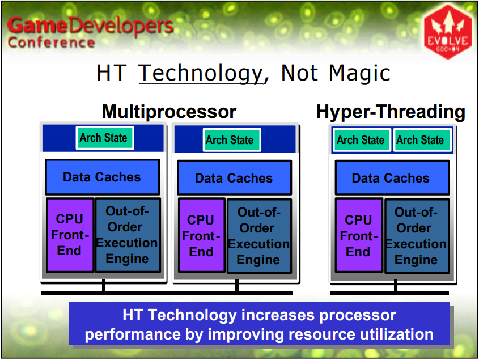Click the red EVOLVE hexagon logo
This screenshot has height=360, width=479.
(x=448, y=32)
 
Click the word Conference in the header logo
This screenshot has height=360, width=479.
(x=52, y=43)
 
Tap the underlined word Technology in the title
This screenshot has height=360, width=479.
(x=201, y=74)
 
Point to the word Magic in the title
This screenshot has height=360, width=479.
(x=359, y=73)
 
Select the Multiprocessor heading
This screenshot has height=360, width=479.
(x=169, y=112)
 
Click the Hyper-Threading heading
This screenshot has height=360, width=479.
(x=391, y=112)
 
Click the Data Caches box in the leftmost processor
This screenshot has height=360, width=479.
(x=103, y=177)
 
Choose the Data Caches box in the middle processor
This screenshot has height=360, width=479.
(x=234, y=178)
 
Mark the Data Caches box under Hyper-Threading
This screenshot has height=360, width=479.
(x=392, y=178)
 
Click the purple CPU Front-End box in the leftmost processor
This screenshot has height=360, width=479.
(x=70, y=235)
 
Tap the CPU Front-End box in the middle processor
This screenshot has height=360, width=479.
(x=202, y=236)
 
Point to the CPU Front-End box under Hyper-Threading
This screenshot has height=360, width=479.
(x=359, y=236)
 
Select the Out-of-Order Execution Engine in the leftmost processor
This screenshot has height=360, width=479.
(x=128, y=235)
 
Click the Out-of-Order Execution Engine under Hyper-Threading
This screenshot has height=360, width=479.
(x=417, y=236)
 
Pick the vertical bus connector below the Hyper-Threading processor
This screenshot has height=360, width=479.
(x=396, y=285)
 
